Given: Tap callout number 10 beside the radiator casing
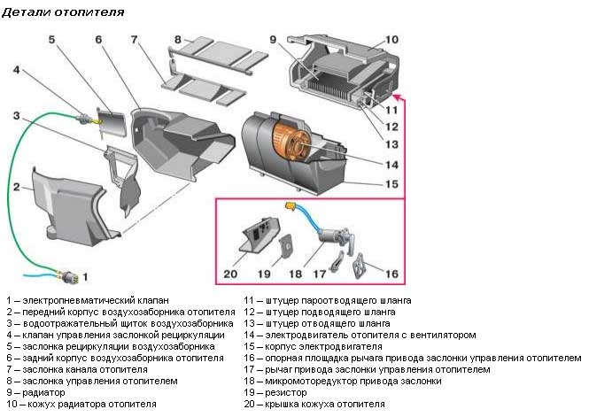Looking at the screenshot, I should click(x=391, y=39).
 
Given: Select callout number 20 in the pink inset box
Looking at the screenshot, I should click(x=230, y=274).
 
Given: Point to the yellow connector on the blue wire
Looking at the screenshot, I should click(x=289, y=205).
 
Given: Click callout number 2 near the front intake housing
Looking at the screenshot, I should click(x=16, y=186).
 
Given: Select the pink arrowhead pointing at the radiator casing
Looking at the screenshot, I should click(x=395, y=95).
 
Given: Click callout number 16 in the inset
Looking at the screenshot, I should click(x=390, y=274).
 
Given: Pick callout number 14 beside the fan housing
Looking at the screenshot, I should click(x=391, y=165).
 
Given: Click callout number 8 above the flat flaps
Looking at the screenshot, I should click(x=177, y=39).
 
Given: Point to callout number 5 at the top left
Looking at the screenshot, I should click(x=51, y=39).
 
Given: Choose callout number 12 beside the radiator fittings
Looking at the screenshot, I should click(x=391, y=125).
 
